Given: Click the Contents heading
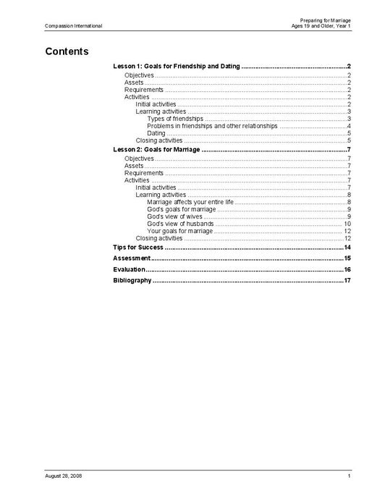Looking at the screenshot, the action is pos(67,51).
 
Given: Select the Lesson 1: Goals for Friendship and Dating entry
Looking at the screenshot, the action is pos(177,66).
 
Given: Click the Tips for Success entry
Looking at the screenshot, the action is pos(137,247).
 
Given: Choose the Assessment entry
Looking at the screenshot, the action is pos(132,258).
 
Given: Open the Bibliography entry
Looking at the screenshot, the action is pos(132,280).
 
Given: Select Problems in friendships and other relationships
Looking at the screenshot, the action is pos(211,126).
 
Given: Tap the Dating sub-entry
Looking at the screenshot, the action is pos(156,133).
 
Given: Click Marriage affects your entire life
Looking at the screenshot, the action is pos(190,202).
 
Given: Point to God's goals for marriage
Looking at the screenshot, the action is pos(180,209).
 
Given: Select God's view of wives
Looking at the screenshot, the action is pos(174,216).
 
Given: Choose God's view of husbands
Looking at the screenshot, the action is pos(180,224).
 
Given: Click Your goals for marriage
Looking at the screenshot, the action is pos(179,231).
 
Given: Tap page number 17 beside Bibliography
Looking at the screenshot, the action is pos(347,280).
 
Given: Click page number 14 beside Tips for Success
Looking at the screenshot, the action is pos(347,247).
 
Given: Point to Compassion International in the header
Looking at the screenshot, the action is pos(73,25).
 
